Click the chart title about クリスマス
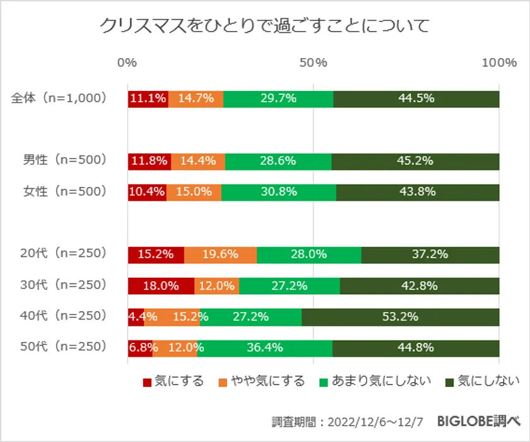pyautogui.click(x=264, y=26)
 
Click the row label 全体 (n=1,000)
pyautogui.click(x=59, y=99)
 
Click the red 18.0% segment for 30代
pyautogui.click(x=161, y=285)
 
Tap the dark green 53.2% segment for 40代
pyautogui.click(x=400, y=317)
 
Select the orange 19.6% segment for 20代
pyautogui.click(x=220, y=254)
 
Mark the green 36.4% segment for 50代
pyautogui.click(x=264, y=348)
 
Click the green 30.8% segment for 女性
pyautogui.click(x=278, y=192)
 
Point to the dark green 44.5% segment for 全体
pyautogui.click(x=416, y=99)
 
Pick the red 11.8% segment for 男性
pyautogui.click(x=149, y=161)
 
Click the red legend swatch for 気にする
pyautogui.click(x=147, y=382)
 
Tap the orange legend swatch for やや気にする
pyautogui.click(x=223, y=382)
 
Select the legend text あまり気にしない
pyautogui.click(x=381, y=381)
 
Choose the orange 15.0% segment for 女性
pyautogui.click(x=194, y=192)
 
